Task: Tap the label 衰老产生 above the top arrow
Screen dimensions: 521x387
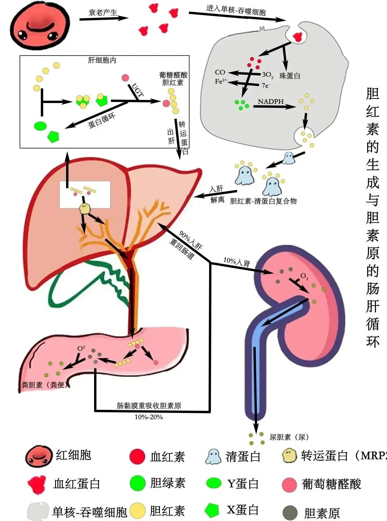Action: [103, 13]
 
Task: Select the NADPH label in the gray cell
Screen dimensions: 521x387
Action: [270, 101]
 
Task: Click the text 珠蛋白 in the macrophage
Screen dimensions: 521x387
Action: [290, 76]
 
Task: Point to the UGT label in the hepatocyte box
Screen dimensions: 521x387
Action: [137, 90]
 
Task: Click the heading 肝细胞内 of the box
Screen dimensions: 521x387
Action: [102, 60]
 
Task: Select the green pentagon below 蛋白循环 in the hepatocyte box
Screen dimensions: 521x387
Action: [53, 136]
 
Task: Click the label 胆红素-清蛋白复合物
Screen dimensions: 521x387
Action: [263, 201]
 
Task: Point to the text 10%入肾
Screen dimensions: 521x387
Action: [237, 262]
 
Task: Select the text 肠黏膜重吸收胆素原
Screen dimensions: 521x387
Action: [149, 406]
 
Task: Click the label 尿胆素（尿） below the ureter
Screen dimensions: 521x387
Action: [289, 437]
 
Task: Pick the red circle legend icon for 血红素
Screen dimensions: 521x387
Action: [138, 456]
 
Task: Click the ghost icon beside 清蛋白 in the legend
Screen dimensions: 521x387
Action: [213, 456]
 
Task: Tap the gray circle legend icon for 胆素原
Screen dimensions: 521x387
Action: [290, 513]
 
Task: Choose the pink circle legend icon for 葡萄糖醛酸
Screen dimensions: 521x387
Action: [290, 484]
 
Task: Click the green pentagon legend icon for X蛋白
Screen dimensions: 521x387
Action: [212, 510]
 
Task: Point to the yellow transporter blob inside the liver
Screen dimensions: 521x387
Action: [85, 208]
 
